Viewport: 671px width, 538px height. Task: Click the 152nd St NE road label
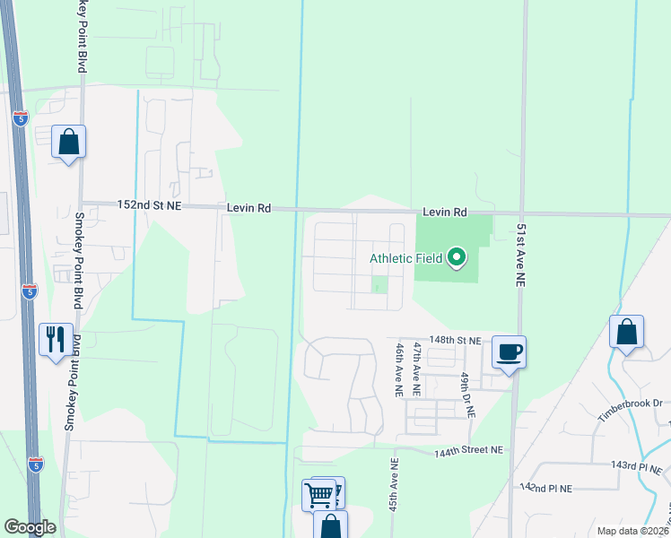(x=149, y=205)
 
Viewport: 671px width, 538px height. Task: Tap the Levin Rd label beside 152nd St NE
(x=248, y=207)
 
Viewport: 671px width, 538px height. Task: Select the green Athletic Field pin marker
(x=457, y=258)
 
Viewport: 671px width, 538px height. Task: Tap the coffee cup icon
(x=509, y=351)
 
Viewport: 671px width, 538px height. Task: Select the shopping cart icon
(x=320, y=493)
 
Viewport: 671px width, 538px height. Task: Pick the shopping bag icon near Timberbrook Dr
(x=626, y=332)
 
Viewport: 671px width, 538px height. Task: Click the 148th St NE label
(x=456, y=342)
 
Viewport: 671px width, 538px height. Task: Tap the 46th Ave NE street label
(x=399, y=369)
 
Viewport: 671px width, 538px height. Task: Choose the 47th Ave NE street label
(x=416, y=369)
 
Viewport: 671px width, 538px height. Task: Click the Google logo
(x=30, y=527)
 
